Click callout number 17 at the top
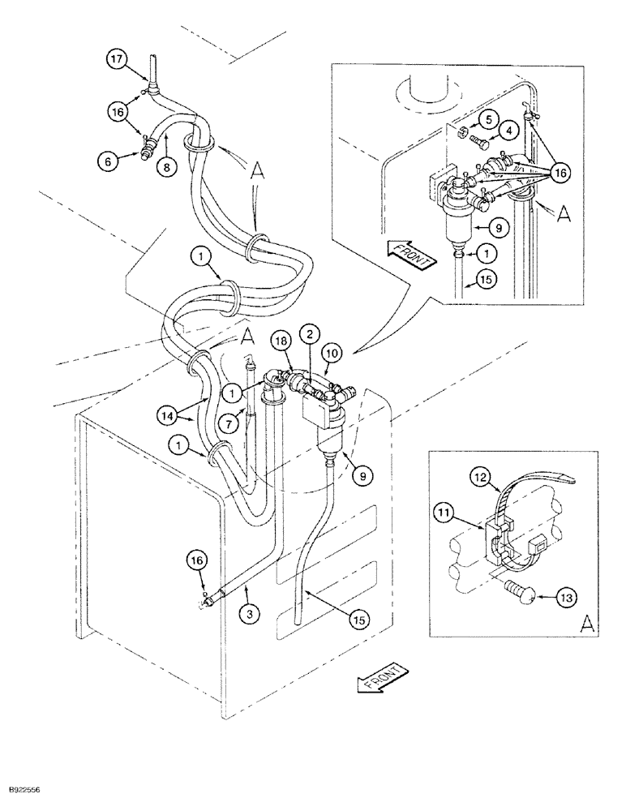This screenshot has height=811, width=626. tap(118, 59)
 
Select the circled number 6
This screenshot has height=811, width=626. tap(107, 161)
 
